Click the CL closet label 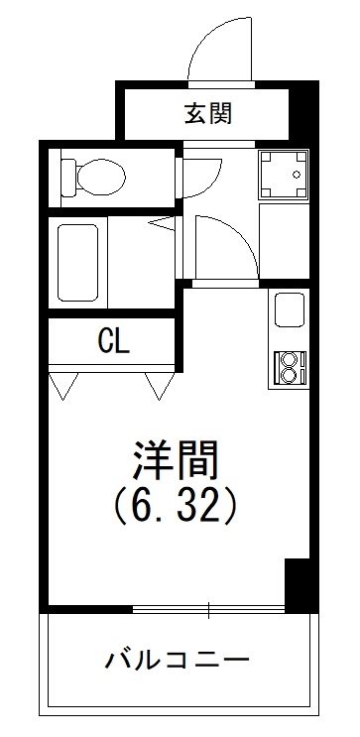111,342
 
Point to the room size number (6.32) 175,508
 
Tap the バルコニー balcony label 175,659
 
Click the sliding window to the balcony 208,606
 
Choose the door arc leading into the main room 219,248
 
